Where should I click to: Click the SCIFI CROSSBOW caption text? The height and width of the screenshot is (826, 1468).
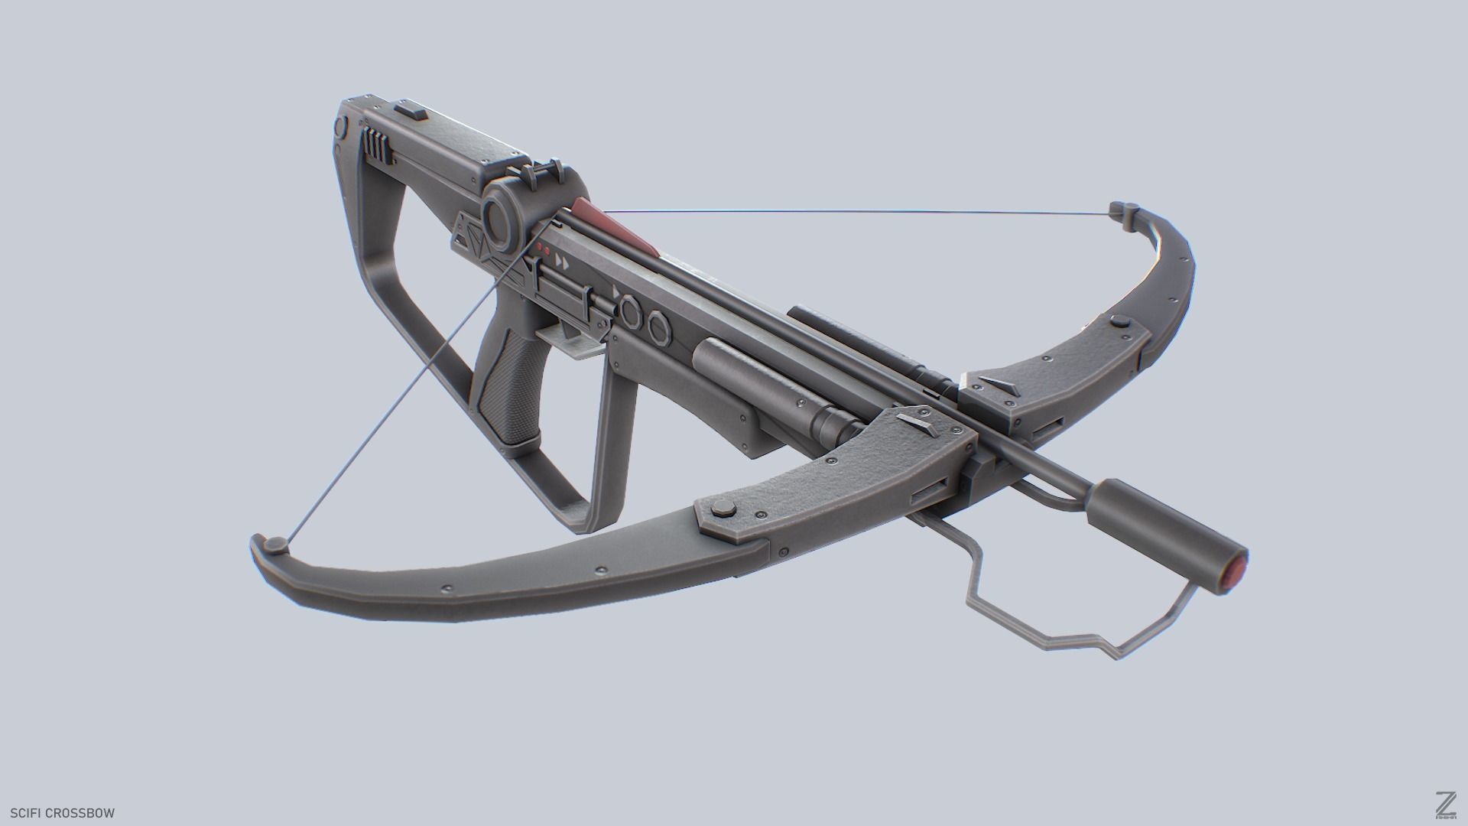(x=62, y=813)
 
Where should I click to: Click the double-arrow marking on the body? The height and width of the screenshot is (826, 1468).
(x=562, y=262)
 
